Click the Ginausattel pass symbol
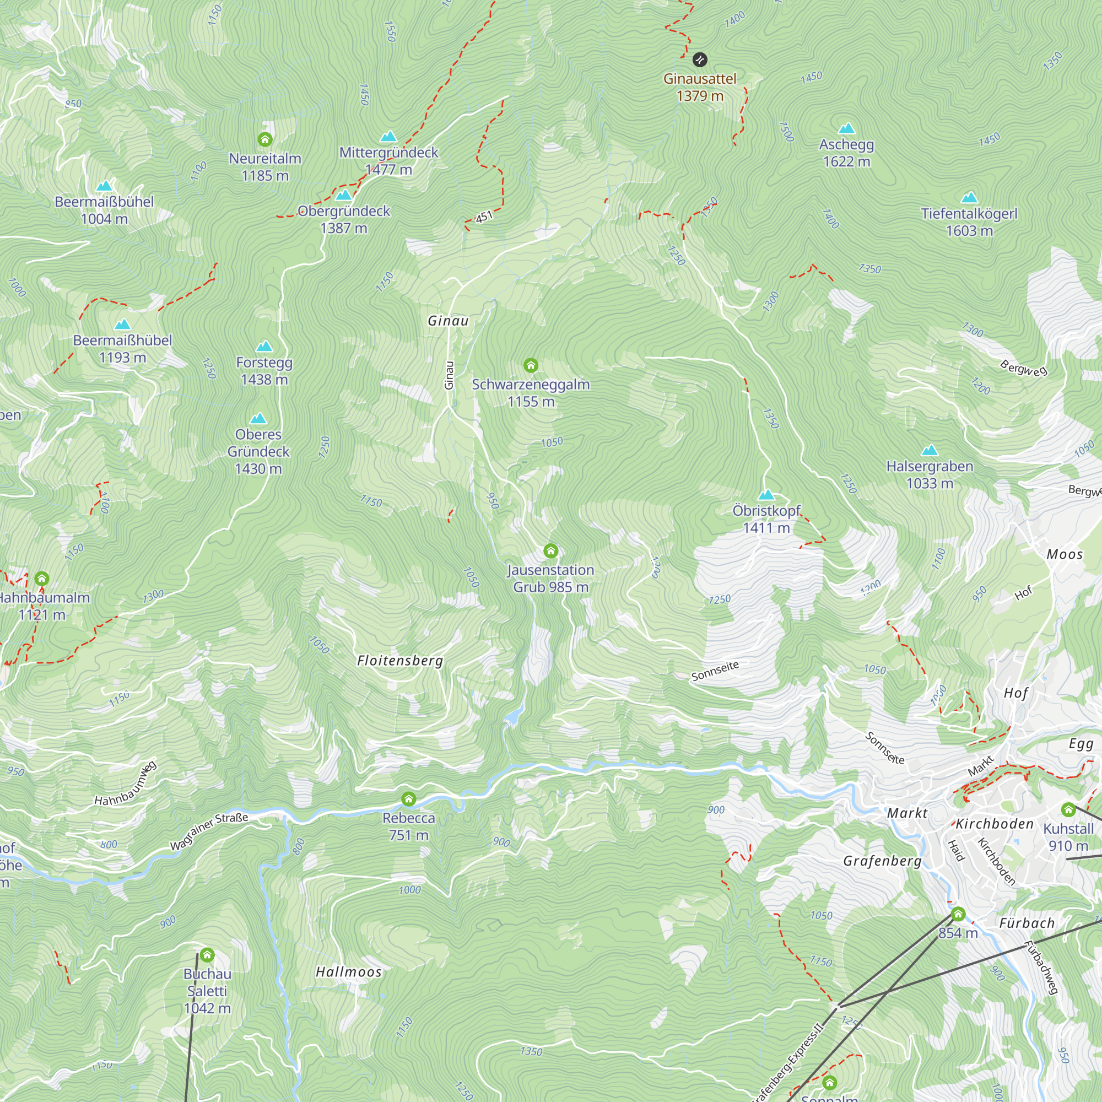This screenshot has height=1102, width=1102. tap(700, 60)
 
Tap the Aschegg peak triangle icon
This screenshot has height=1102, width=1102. tap(846, 128)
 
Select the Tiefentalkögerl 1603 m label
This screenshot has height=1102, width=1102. tap(969, 222)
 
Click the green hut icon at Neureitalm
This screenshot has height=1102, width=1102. tap(264, 139)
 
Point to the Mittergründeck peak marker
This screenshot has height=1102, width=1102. tap(388, 136)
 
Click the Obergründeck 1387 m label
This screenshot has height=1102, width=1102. tap(344, 219)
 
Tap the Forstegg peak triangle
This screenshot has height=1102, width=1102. tap(264, 346)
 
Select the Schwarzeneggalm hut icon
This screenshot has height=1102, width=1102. tap(531, 365)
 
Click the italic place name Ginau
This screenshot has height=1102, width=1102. tap(449, 321)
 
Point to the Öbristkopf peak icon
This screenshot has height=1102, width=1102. tap(766, 495)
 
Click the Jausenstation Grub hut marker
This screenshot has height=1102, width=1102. tap(550, 550)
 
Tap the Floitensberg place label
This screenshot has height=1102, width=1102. tap(400, 661)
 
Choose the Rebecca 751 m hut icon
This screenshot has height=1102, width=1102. tap(408, 798)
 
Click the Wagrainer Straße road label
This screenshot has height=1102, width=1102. tap(209, 832)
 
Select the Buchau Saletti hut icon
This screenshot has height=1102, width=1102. tap(207, 955)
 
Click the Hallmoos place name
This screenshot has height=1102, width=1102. tap(349, 972)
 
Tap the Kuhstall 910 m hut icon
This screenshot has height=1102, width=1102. tap(1068, 809)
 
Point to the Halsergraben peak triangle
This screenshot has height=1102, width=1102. tap(929, 450)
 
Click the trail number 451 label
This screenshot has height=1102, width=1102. tap(484, 217)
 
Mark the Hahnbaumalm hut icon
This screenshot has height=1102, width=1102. tap(42, 579)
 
